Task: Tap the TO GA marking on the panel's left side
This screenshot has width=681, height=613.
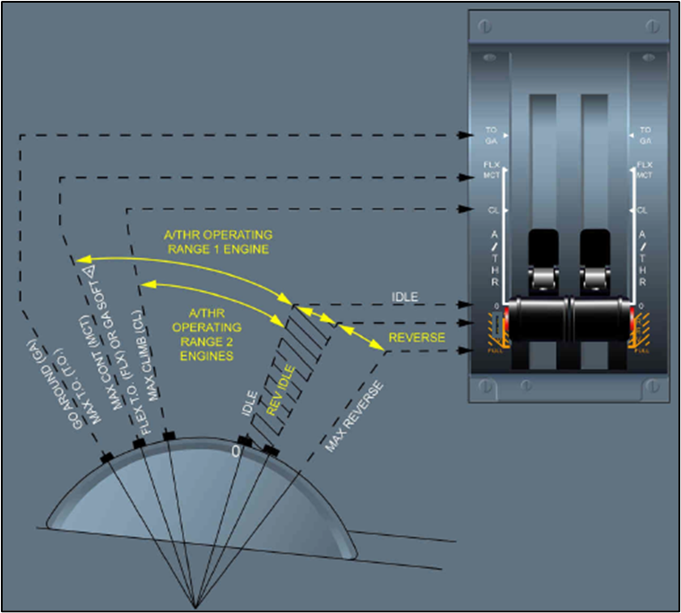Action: [492, 134]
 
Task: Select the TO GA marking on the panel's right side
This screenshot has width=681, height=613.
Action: [645, 134]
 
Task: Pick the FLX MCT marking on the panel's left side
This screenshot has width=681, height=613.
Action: [492, 170]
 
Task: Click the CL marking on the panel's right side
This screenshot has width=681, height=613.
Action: [643, 211]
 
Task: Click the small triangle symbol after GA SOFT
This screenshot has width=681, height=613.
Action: [89, 270]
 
